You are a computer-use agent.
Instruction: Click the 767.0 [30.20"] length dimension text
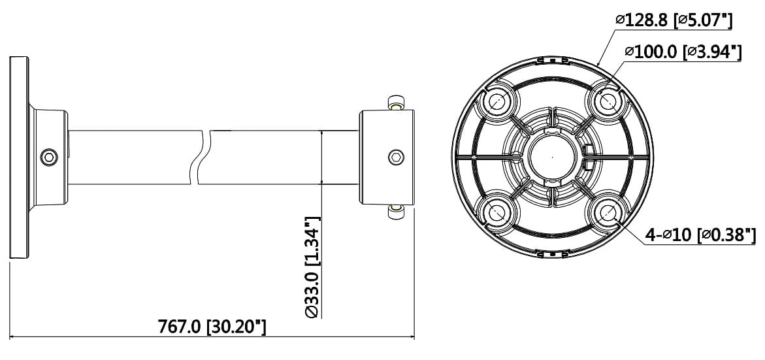click(x=212, y=326)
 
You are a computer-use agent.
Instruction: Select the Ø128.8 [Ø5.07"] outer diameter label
click(x=673, y=21)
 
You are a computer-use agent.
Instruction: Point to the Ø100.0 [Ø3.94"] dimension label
click(x=682, y=52)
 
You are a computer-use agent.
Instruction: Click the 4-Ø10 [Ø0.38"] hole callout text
click(x=700, y=235)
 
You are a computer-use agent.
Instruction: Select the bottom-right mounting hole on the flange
click(x=606, y=212)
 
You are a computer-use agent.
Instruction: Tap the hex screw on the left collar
click(x=48, y=157)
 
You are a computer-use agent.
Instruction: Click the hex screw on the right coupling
click(x=396, y=157)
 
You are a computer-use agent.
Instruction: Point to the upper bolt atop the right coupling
click(x=395, y=103)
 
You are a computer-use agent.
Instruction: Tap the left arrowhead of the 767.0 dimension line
click(x=13, y=338)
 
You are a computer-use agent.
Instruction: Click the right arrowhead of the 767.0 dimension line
click(x=412, y=338)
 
